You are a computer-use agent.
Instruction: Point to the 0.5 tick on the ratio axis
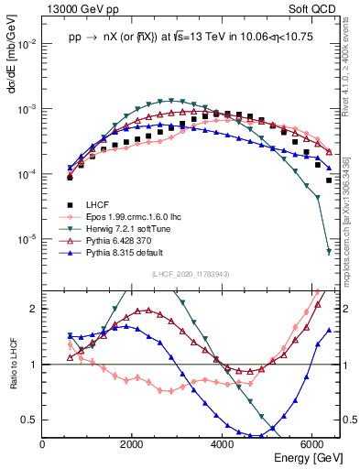pos(29,420)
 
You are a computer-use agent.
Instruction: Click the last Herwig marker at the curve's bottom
pos(329,252)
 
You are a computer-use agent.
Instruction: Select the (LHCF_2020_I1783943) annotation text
pos(191,274)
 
